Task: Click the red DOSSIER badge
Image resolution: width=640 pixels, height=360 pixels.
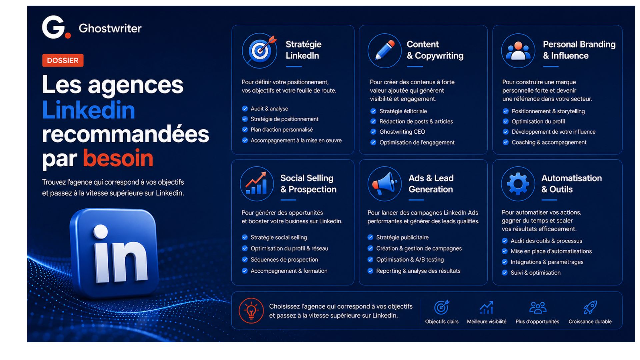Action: [x=63, y=60]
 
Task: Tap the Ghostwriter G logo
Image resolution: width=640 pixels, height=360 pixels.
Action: [x=56, y=27]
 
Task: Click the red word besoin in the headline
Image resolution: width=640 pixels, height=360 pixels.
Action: [x=118, y=158]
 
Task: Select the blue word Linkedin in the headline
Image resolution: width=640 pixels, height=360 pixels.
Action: [x=89, y=110]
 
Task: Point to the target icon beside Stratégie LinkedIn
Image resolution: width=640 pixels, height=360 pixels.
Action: [x=260, y=51]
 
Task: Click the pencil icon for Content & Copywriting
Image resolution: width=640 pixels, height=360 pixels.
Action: [x=385, y=51]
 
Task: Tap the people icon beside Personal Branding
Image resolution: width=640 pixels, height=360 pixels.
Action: [x=518, y=51]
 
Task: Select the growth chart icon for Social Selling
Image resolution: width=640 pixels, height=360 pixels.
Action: [x=257, y=184]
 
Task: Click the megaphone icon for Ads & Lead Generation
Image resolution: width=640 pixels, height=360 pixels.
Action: [x=385, y=184]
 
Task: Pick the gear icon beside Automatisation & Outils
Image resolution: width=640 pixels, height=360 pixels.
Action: [x=518, y=184]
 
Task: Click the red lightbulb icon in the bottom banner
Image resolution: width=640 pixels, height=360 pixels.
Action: [x=251, y=311]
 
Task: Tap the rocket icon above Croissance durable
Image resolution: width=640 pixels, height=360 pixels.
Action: [x=590, y=307]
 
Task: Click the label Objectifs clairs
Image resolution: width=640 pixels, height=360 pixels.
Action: [x=442, y=322]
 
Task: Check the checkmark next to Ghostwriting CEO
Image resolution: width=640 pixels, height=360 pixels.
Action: [x=373, y=132]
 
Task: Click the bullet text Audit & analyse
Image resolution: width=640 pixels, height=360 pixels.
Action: [x=269, y=109]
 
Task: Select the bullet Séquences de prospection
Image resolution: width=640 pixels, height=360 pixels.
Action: [x=284, y=260]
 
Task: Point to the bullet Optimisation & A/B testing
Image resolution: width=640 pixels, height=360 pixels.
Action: [x=410, y=260]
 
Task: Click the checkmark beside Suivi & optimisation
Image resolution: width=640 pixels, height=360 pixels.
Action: [x=505, y=272]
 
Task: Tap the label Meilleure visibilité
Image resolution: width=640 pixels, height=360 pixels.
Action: [x=487, y=322]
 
